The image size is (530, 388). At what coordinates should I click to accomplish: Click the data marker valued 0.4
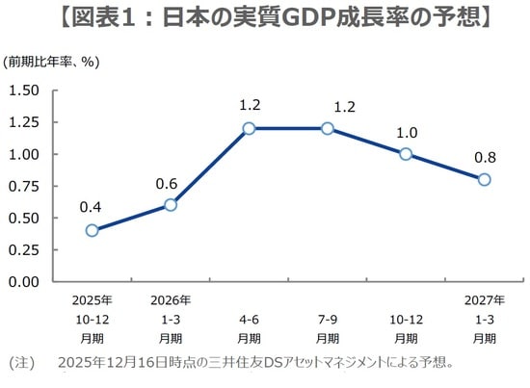tap(92, 230)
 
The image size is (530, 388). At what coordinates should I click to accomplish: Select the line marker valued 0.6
tap(171, 205)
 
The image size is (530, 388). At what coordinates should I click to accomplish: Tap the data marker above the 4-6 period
tap(249, 128)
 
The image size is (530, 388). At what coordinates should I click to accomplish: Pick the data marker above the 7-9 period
tap(328, 128)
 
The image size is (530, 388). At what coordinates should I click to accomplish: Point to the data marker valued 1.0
tap(406, 154)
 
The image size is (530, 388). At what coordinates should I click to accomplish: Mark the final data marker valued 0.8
tap(484, 179)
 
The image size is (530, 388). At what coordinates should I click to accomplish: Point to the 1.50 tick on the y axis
tap(23, 91)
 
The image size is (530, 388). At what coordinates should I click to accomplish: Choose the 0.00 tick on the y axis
tap(23, 281)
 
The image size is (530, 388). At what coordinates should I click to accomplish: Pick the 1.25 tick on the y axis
tap(23, 122)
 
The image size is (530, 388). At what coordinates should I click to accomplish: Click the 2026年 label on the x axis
tap(171, 301)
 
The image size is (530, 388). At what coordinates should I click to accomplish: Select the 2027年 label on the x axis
tap(484, 301)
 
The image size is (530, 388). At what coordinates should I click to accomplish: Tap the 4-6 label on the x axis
tap(249, 320)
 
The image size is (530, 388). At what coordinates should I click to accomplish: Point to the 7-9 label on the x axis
tap(328, 320)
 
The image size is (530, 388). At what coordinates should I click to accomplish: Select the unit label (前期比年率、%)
tap(52, 62)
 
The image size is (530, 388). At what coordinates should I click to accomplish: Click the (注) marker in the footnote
tap(20, 363)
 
